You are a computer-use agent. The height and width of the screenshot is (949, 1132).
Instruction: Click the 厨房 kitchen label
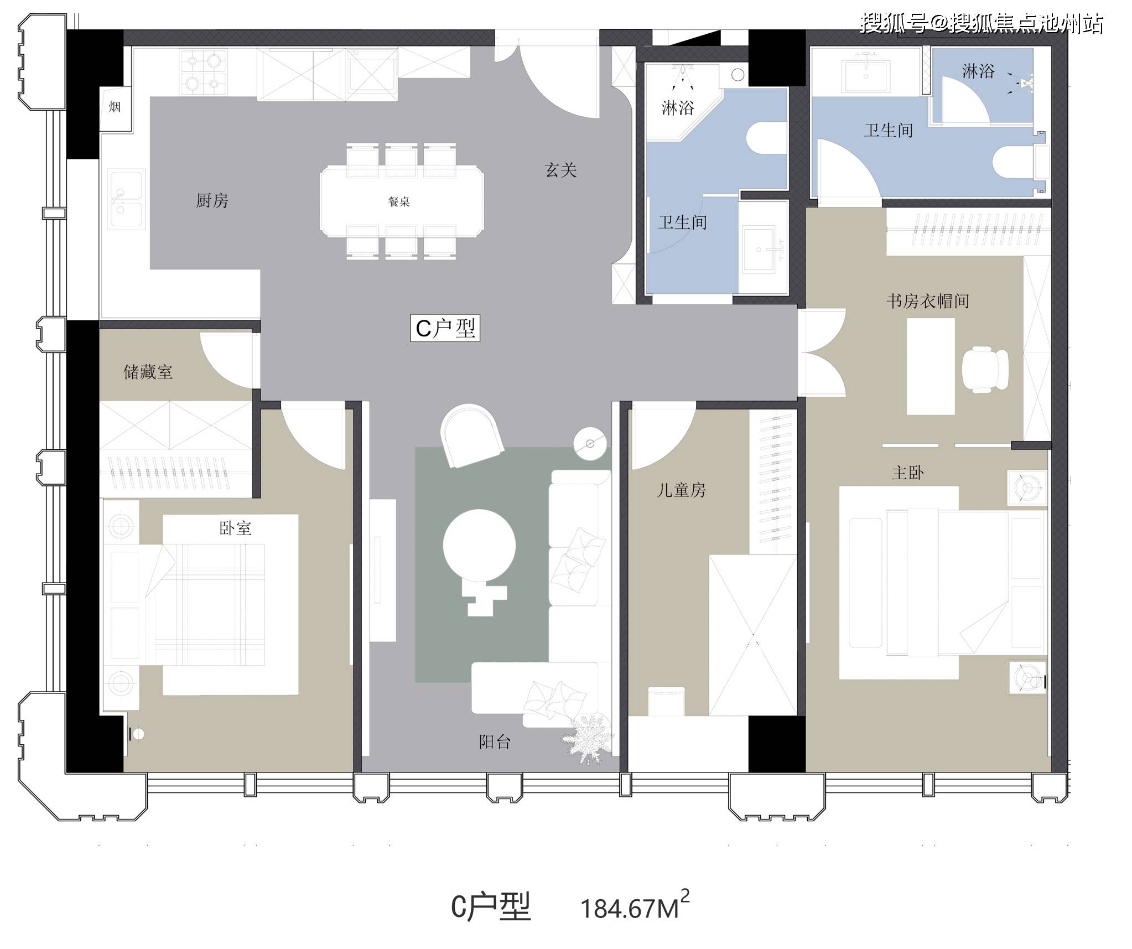212,200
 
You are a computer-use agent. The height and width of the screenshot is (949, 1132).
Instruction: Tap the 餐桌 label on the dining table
399,202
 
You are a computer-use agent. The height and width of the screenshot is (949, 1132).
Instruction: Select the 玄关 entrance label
560,170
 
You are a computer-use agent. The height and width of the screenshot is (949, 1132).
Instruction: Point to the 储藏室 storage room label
148,372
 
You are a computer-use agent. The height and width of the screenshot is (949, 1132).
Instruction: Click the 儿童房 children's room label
681,490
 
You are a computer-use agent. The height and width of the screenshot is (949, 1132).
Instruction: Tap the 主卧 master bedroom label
908,473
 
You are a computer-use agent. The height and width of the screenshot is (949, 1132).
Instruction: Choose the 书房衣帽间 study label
928,301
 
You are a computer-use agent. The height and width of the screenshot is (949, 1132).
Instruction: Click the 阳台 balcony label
495,742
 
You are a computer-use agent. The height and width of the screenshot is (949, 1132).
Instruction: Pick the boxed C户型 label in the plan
445,328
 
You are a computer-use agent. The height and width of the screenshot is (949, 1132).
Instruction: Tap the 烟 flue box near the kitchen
115,107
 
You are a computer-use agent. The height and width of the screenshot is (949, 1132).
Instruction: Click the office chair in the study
985,369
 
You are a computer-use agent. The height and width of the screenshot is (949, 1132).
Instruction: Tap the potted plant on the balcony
588,739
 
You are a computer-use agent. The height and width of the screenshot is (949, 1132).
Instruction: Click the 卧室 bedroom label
236,528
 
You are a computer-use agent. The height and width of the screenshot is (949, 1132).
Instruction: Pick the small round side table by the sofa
590,444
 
